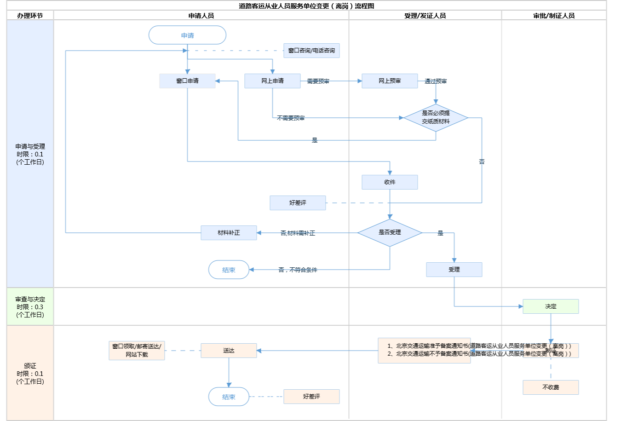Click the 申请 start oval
point(187,35)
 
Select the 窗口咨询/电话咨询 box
point(311,51)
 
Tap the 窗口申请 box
point(187,81)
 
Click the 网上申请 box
point(272,81)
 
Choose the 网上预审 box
point(390,81)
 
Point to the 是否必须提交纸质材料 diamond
point(436,118)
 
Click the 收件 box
point(390,182)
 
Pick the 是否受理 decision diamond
point(390,233)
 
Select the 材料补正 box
point(229,233)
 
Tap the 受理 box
point(454,270)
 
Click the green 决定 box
point(551,306)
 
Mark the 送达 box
point(229,351)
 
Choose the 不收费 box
point(551,387)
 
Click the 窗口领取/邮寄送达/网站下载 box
point(137,351)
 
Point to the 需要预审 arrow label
point(318,81)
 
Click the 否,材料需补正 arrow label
point(298,233)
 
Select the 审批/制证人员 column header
point(554,16)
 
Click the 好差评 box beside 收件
point(298,203)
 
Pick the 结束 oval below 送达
point(229,397)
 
